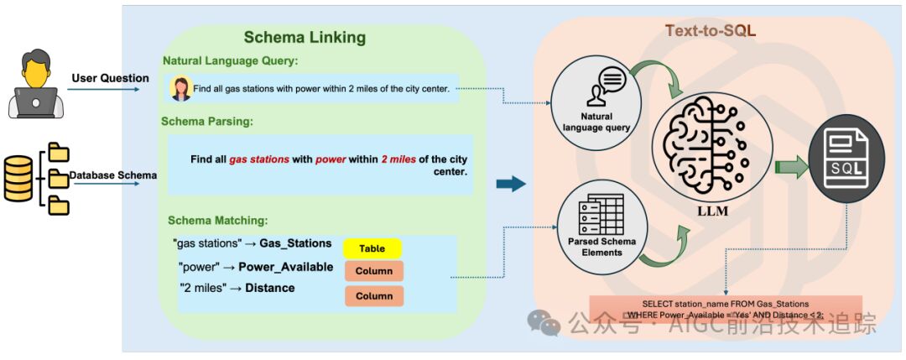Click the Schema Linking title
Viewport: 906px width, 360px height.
pyautogui.click(x=305, y=37)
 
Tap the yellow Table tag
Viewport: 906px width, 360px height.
pyautogui.click(x=372, y=248)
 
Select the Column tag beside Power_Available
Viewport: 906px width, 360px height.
pyautogui.click(x=373, y=271)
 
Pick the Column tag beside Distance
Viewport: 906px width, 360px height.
pyautogui.click(x=373, y=295)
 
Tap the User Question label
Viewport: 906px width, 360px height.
pyautogui.click(x=110, y=79)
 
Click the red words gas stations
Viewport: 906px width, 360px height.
pyautogui.click(x=259, y=159)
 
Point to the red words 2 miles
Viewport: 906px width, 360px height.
pyautogui.click(x=398, y=159)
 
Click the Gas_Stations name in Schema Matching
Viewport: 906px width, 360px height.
pyautogui.click(x=295, y=243)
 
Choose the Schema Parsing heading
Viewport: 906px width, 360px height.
pyautogui.click(x=207, y=122)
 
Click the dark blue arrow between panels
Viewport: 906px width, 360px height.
pyautogui.click(x=510, y=184)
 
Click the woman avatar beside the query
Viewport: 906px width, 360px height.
pyautogui.click(x=180, y=88)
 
